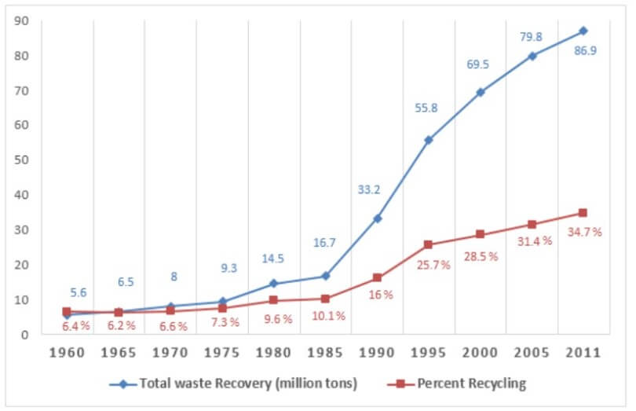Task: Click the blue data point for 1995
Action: pos(428,140)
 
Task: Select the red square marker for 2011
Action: pos(583,213)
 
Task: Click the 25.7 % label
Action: pos(434,265)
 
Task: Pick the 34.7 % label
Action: pos(586,232)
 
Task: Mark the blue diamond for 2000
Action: pos(480,92)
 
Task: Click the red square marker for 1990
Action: pos(377,277)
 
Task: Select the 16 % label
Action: pos(380,295)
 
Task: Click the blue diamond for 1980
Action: pos(273,284)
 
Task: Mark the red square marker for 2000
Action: pos(480,234)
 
